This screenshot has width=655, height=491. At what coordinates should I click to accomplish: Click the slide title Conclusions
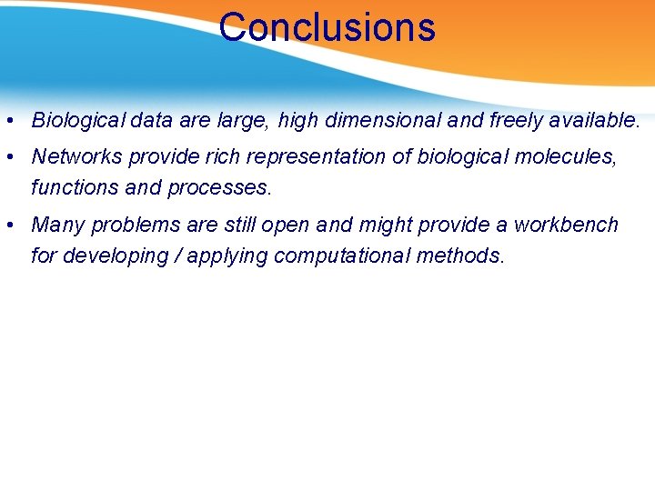coord(327,27)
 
